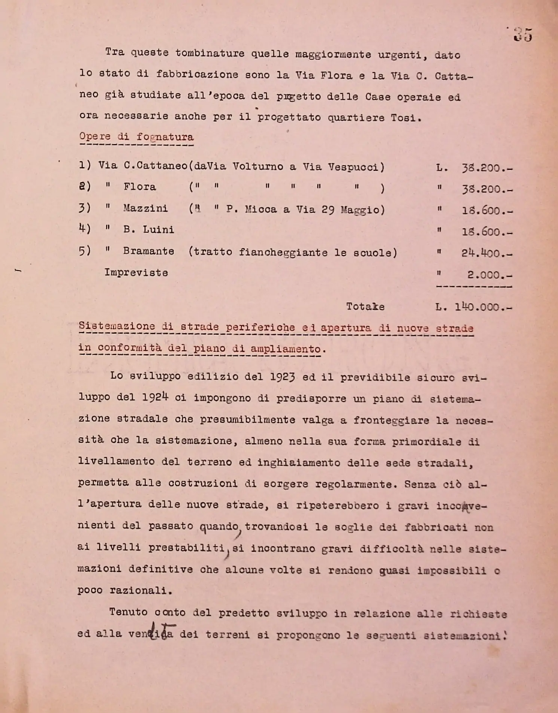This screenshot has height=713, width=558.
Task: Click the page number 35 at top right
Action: coord(523,35)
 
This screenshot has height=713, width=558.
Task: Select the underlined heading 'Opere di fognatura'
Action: coord(136,137)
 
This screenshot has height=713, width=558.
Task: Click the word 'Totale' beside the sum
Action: coord(365,307)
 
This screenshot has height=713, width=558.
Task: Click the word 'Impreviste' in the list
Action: coord(136,273)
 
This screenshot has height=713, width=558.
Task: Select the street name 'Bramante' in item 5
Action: coord(149,251)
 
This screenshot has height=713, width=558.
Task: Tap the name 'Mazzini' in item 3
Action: coord(146,208)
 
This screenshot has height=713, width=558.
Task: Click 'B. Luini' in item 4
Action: coord(149,229)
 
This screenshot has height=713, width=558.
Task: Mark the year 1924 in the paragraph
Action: coord(155,397)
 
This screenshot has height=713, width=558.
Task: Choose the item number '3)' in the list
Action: coord(85,208)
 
